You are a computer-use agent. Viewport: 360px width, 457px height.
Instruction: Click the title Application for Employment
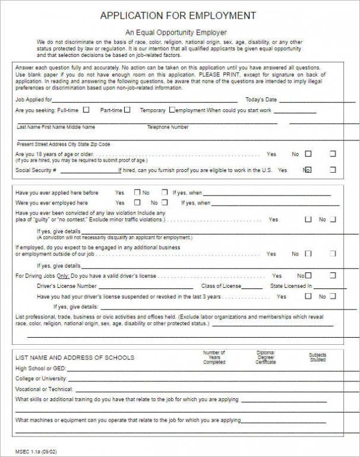coord(178,16)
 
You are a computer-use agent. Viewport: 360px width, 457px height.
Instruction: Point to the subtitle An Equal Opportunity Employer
coord(176,32)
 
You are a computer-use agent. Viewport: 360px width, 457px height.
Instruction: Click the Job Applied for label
coord(33,100)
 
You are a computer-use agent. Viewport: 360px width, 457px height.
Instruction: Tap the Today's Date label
coord(261,100)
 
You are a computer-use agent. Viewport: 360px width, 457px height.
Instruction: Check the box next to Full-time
coord(86,110)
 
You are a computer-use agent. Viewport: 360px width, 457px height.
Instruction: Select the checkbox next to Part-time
coord(127,110)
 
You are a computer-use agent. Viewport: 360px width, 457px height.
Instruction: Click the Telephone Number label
coord(167,127)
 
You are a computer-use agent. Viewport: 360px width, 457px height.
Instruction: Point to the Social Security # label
coord(35,170)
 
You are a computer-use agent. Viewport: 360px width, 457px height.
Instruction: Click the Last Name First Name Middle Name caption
coord(56,127)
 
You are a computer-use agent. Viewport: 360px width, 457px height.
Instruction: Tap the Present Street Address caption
coord(63,145)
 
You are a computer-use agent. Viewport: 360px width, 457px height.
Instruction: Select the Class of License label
coord(221,286)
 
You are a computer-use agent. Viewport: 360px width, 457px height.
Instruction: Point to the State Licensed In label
coord(291,286)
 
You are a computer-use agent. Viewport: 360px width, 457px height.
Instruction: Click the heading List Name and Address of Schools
coord(74,358)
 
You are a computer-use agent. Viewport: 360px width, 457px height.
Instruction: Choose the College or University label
coord(41,378)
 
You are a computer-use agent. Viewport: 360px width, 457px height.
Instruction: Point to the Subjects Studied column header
coord(318,357)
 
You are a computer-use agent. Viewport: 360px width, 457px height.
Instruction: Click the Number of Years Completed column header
coord(214,357)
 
